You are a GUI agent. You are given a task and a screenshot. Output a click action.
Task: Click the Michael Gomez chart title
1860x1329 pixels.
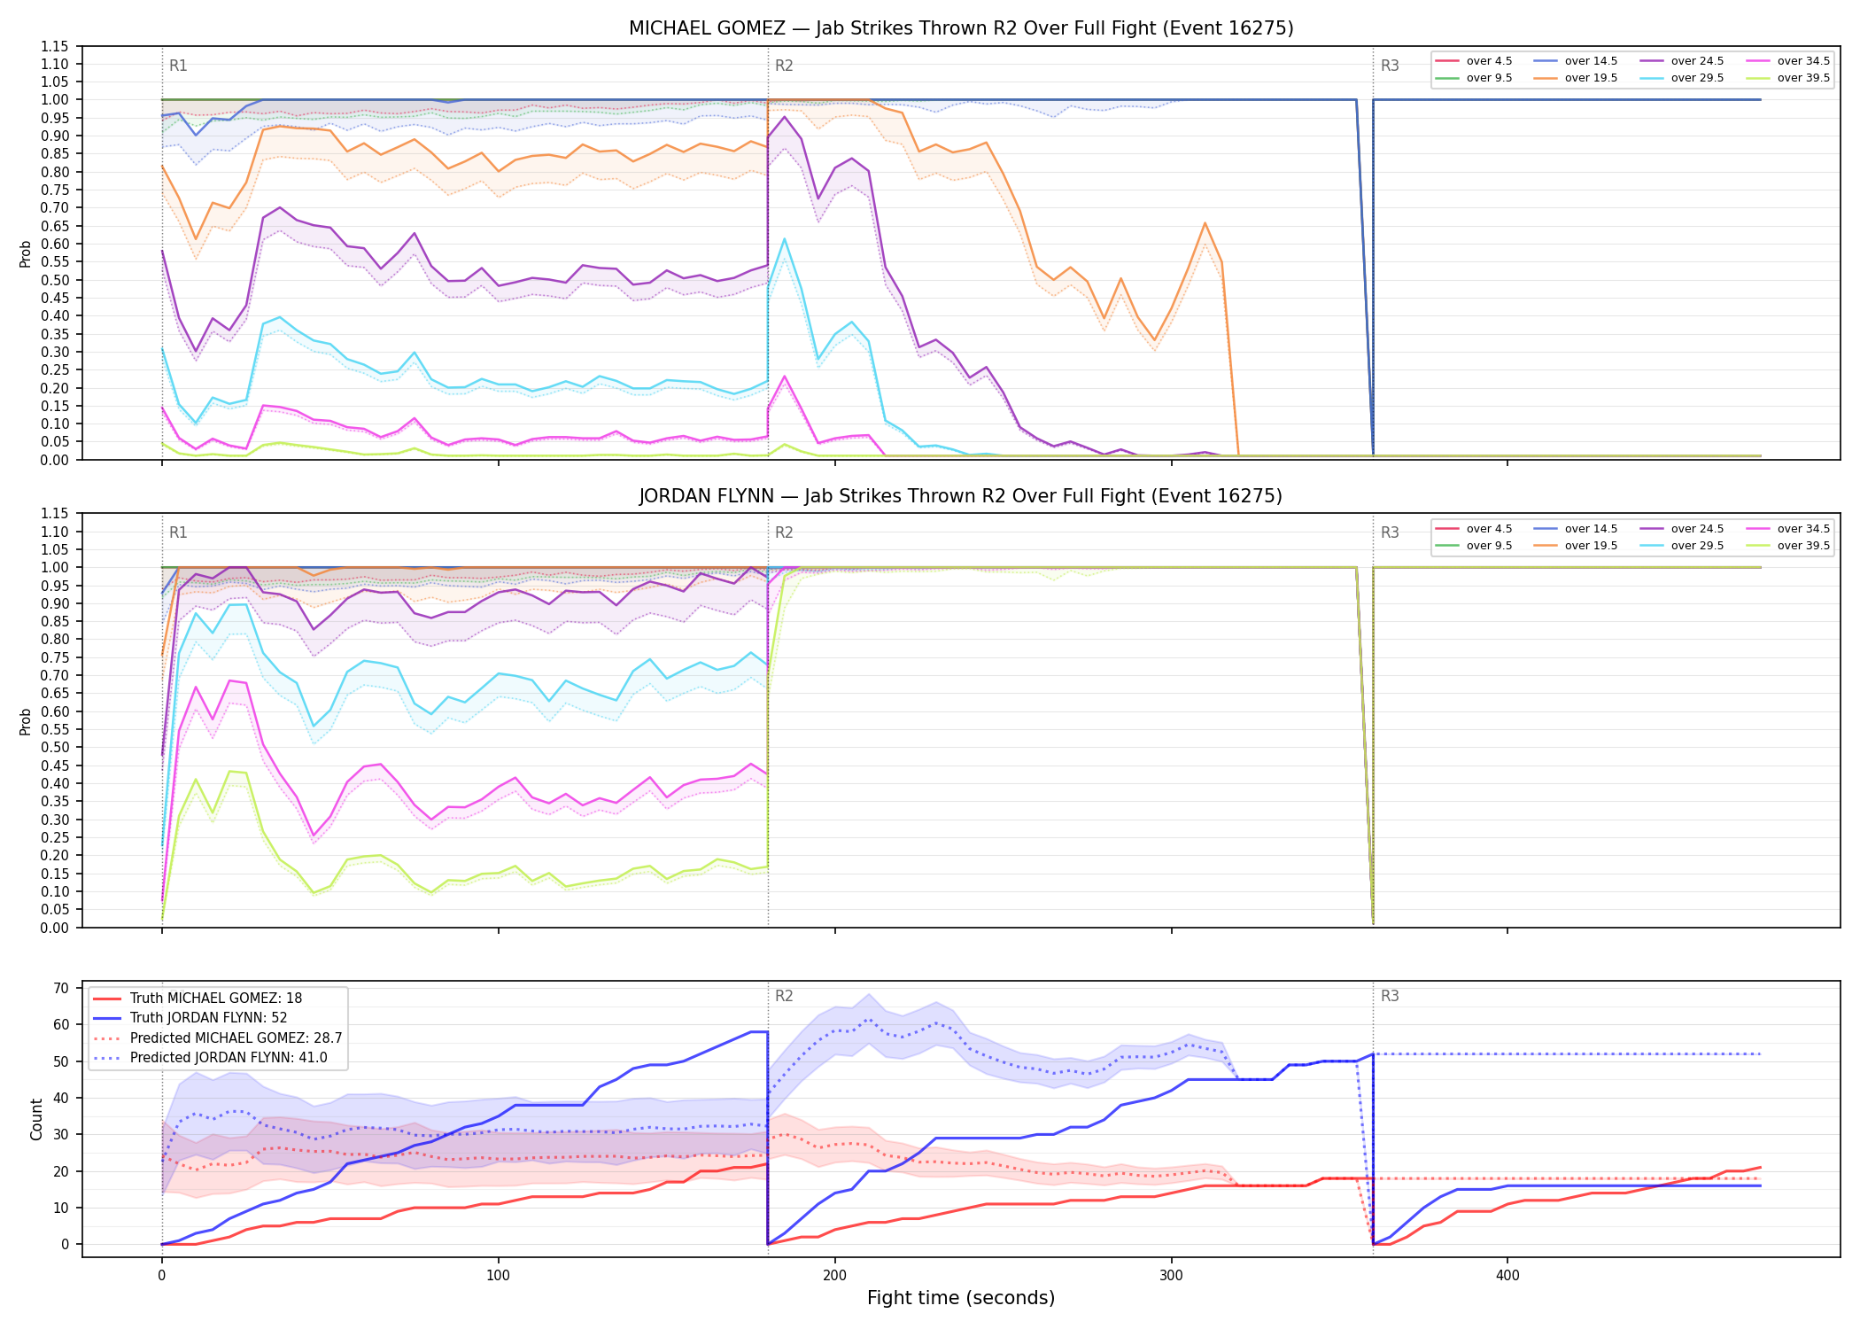tap(961, 28)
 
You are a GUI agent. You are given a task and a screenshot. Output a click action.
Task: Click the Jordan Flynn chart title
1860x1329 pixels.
tap(961, 496)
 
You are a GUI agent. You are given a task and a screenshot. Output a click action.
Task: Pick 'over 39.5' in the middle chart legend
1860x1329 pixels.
tap(1803, 546)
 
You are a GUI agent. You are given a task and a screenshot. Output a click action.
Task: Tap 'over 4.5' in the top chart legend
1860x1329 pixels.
tap(1489, 61)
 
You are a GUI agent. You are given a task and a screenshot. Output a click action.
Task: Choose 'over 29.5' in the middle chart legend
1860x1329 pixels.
tap(1697, 546)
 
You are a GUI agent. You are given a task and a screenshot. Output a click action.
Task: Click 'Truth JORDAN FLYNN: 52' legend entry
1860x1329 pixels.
tap(208, 1018)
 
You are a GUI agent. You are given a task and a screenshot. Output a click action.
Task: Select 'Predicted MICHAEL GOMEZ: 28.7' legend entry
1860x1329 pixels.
tap(236, 1038)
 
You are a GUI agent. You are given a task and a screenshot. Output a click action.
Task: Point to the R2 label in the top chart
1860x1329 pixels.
tap(784, 66)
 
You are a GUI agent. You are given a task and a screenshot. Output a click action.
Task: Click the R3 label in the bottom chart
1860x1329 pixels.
tap(1390, 996)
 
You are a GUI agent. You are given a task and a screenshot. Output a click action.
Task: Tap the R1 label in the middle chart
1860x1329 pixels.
tap(178, 532)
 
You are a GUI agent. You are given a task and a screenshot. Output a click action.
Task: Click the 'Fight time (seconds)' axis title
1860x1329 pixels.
tap(961, 1298)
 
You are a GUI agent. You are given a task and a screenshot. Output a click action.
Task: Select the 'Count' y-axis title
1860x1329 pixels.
tap(36, 1119)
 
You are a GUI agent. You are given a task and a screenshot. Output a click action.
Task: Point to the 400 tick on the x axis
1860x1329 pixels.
tap(1507, 1276)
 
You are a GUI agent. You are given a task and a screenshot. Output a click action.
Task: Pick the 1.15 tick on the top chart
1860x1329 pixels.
tap(55, 46)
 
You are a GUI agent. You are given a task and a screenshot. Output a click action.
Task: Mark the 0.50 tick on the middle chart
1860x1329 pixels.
tap(55, 747)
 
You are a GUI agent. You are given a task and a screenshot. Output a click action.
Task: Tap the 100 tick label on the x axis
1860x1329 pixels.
tap(498, 1276)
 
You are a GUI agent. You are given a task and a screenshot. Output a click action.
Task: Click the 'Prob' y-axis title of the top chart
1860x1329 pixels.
tap(26, 253)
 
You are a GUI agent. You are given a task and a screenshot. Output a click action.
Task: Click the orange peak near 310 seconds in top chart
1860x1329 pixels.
tap(1205, 223)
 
